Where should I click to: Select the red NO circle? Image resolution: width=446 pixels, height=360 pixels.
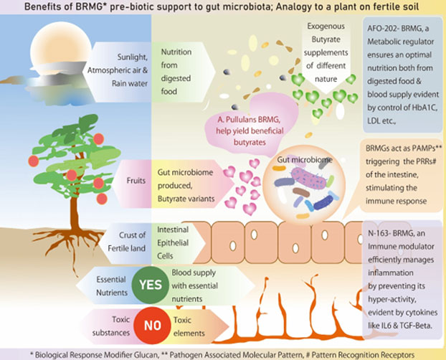[x=151, y=324]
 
